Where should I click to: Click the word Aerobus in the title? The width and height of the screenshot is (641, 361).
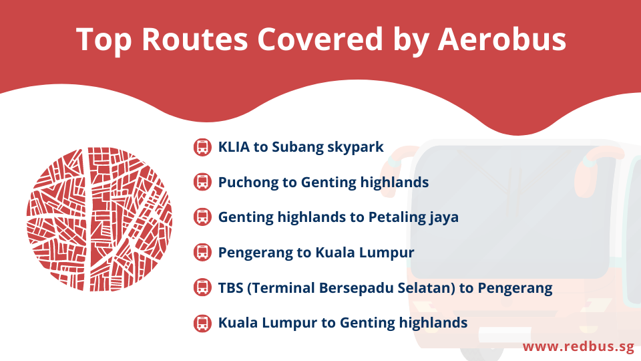click(502, 39)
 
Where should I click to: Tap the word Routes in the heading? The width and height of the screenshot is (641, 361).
click(194, 39)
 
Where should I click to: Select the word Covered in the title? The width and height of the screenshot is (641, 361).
click(320, 39)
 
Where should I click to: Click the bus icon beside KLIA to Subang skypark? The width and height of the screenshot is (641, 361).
click(202, 147)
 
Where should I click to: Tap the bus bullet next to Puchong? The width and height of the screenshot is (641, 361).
click(202, 182)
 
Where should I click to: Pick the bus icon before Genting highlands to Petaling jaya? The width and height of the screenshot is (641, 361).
click(202, 217)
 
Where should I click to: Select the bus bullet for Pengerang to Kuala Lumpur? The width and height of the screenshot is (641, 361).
click(202, 253)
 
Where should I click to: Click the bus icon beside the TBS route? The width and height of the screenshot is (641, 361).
click(202, 287)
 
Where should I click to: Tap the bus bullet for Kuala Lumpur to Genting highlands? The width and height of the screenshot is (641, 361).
click(202, 323)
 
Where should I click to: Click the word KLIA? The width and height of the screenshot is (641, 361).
click(234, 147)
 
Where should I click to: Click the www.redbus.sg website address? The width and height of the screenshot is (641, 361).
click(578, 347)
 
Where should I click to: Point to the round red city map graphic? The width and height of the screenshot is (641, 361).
click(99, 219)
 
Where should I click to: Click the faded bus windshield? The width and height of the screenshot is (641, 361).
click(514, 212)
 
